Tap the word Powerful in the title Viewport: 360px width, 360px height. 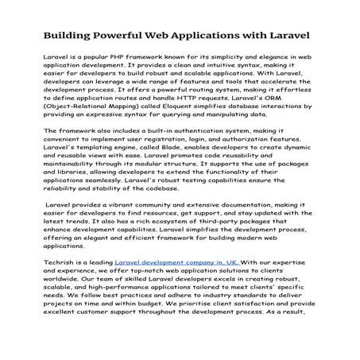coord(126,37)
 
